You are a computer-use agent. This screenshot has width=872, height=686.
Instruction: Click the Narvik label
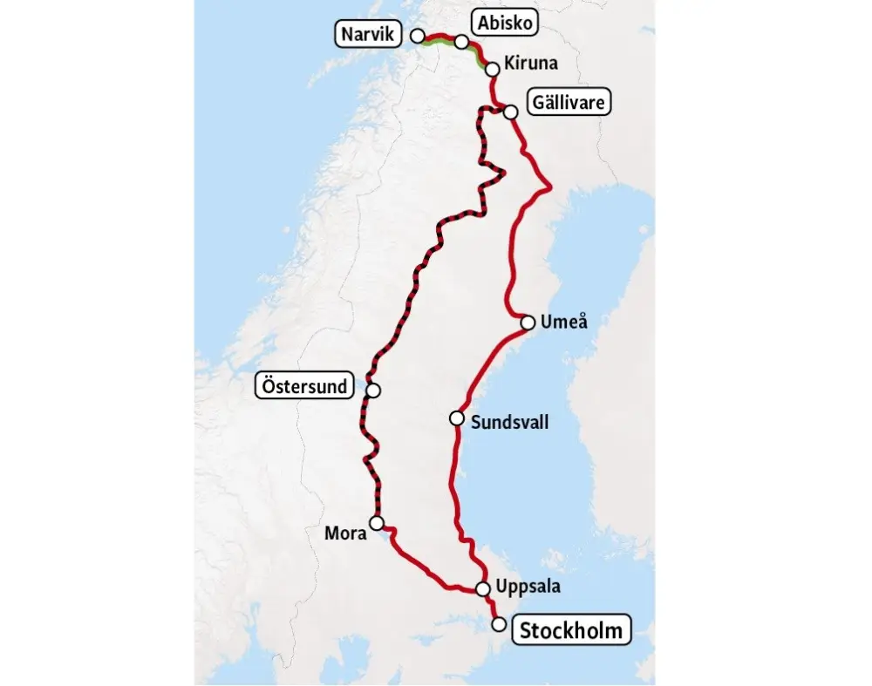[367, 36]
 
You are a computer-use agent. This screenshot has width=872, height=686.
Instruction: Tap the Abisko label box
[502, 23]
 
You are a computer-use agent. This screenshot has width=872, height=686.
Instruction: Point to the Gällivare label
[569, 103]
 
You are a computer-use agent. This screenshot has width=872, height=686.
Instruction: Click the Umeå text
[564, 322]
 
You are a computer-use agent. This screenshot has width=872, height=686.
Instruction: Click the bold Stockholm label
[571, 629]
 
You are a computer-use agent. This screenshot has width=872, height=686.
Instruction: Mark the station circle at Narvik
[418, 36]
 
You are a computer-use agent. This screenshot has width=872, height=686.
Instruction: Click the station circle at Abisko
[461, 41]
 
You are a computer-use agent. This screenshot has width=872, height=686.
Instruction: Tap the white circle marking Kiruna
[492, 68]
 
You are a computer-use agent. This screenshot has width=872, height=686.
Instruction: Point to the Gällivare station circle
[511, 111]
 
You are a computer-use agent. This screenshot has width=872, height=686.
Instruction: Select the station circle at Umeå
[528, 322]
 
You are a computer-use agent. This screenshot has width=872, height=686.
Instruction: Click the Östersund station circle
[373, 391]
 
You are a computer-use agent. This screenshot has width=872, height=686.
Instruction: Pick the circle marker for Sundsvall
[456, 418]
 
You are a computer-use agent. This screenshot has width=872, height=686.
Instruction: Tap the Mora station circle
[377, 523]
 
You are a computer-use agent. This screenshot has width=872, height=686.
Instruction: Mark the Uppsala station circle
[483, 588]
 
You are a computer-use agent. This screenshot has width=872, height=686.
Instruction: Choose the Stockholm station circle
[499, 624]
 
